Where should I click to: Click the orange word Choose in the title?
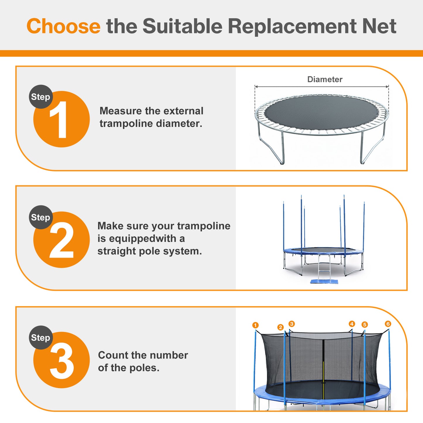coord(63,26)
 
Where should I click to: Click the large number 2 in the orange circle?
coord(61,240)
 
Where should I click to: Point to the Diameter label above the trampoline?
coord(325,79)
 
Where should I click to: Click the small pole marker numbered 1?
coord(255,325)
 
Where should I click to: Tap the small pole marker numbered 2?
coord(280,327)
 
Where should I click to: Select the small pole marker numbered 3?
coord(292,324)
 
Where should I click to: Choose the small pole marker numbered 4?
coord(352,324)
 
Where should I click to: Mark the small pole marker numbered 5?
coord(364,325)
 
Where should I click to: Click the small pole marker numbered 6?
coord(388,324)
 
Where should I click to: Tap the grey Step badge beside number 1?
coord(41,97)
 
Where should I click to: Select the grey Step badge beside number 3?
coord(41,338)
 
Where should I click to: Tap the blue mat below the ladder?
coord(324,282)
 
